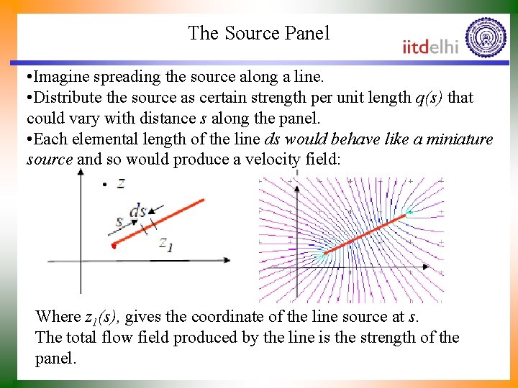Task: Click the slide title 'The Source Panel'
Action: [258, 33]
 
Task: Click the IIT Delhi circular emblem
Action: [486, 37]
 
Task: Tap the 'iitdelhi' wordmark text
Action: [430, 47]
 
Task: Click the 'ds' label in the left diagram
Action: [138, 211]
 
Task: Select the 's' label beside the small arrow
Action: [119, 221]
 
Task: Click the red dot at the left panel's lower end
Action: [113, 246]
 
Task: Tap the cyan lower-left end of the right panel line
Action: [322, 254]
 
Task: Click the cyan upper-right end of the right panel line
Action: [408, 212]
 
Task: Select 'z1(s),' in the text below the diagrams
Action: [104, 317]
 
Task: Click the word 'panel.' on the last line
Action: [55, 358]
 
